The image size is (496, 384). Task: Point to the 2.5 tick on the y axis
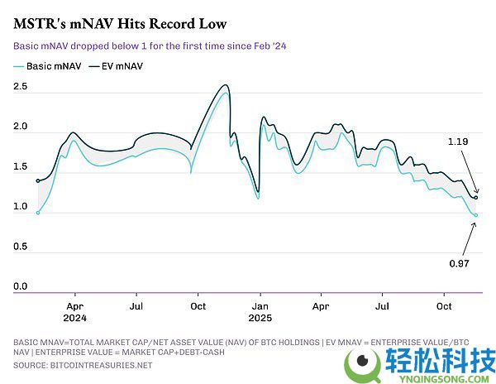[x=21, y=86]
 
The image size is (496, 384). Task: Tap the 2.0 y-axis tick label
[x=21, y=127]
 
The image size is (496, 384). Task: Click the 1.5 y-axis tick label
[x=21, y=166]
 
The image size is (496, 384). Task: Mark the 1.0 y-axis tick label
[x=21, y=206]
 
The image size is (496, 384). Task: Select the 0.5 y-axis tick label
[x=21, y=247]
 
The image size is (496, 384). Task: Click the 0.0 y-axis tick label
[x=21, y=286]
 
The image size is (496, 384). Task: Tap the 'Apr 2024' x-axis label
[x=75, y=310]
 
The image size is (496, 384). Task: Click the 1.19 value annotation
[x=458, y=142]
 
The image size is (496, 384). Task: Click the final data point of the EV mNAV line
[x=476, y=198]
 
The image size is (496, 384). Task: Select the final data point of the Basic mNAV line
[x=476, y=215]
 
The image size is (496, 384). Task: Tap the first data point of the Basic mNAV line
[x=38, y=213]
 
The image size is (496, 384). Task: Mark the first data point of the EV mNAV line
[x=38, y=180]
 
